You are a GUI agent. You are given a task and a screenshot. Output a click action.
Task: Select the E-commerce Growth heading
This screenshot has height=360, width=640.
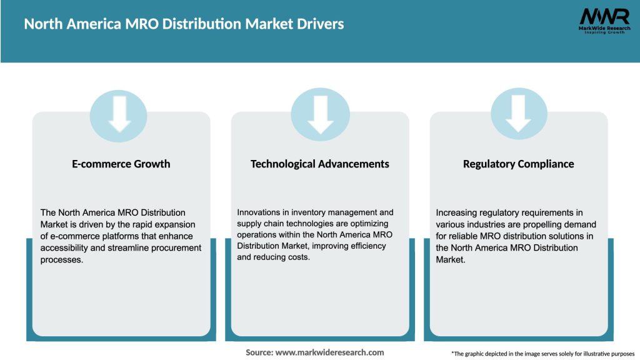pyautogui.click(x=121, y=164)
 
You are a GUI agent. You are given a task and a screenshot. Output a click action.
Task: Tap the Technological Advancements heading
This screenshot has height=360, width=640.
pyautogui.click(x=320, y=164)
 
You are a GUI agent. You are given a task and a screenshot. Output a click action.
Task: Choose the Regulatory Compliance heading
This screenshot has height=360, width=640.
pyautogui.click(x=518, y=164)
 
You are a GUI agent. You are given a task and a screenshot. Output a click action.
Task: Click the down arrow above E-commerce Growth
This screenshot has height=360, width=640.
pyautogui.click(x=121, y=114)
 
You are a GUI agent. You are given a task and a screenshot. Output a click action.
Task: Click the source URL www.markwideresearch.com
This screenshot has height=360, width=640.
pyautogui.click(x=331, y=352)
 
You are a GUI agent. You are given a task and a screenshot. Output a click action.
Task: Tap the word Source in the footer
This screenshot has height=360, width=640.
pyautogui.click(x=259, y=352)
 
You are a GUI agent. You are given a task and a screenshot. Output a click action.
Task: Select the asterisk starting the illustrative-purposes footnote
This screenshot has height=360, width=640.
pyautogui.click(x=452, y=353)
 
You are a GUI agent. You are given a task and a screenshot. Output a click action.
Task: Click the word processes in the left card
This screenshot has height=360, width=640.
pyautogui.click(x=61, y=259)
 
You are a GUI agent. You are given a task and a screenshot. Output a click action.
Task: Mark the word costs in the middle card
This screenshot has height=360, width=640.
pyautogui.click(x=297, y=257)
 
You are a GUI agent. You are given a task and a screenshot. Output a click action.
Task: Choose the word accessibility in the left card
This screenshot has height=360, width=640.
pyautogui.click(x=65, y=247)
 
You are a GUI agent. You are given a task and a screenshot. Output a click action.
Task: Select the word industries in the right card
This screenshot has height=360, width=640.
pyautogui.click(x=487, y=224)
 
